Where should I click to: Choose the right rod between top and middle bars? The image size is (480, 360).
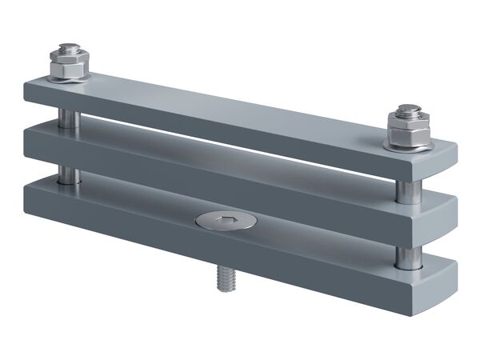click(408, 189)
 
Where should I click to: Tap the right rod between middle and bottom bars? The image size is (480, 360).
click(408, 257)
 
